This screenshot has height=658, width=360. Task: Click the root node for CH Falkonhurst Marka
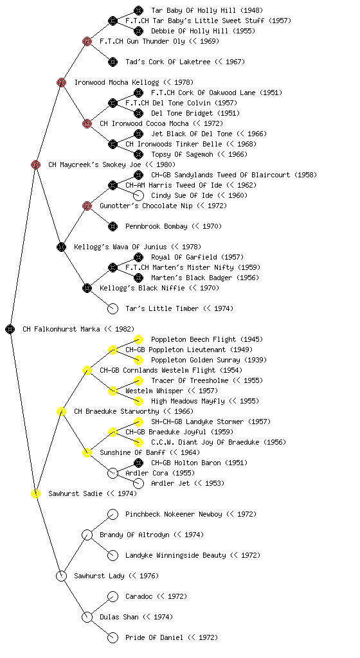tap(10, 329)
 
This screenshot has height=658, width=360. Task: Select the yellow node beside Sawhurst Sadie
tap(35, 493)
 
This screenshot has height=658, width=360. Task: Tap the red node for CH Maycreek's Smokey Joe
tap(35, 164)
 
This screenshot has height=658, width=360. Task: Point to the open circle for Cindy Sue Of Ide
tap(138, 195)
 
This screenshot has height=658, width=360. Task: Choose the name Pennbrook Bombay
tap(156, 227)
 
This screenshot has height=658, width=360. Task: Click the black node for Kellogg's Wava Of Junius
tap(61, 247)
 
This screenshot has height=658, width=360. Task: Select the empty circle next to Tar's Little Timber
tap(113, 308)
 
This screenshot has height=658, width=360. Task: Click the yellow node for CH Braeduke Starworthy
tap(61, 411)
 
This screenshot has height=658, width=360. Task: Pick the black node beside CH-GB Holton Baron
tap(138, 463)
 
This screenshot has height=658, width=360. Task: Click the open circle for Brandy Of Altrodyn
tap(87, 535)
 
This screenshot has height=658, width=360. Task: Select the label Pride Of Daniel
tap(154, 637)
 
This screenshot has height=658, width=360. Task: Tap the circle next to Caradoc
tap(113, 596)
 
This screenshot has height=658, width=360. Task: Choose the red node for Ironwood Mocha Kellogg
tap(61, 82)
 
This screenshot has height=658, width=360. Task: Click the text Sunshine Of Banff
tap(132, 452)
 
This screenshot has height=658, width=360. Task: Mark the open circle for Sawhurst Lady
tap(61, 576)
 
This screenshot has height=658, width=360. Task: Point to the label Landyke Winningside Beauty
tap(175, 555)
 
